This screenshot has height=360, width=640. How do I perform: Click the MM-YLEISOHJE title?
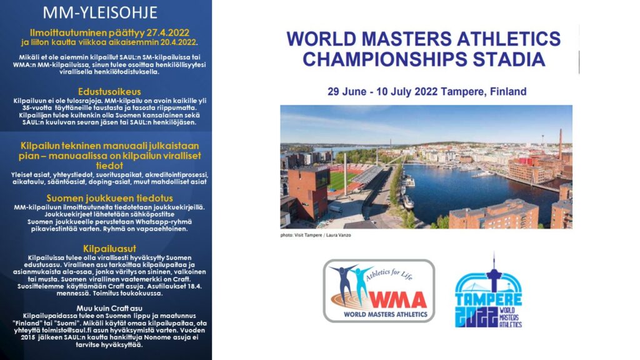(100, 12)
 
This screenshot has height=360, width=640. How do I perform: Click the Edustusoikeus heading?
(109, 91)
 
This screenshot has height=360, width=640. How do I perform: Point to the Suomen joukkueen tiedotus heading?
(109, 198)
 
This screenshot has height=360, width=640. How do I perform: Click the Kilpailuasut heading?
(109, 249)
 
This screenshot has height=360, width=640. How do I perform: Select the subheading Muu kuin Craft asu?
(109, 308)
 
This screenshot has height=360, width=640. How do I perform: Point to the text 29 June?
(346, 91)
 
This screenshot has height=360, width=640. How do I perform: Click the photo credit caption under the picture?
(316, 235)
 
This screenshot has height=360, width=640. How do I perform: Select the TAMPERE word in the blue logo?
(488, 298)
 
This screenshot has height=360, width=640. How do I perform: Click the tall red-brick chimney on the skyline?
(561, 144)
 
